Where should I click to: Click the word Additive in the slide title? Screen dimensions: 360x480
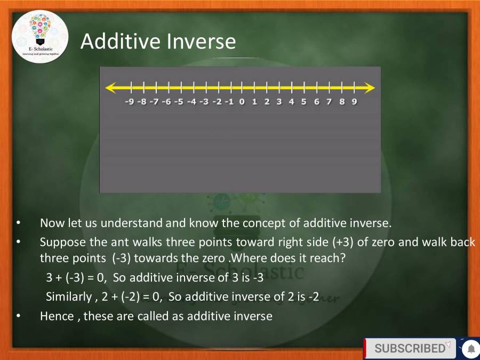116,41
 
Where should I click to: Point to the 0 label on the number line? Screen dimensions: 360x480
242,102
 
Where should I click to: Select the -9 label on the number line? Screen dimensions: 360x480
129,102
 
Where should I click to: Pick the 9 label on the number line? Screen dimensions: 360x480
354,102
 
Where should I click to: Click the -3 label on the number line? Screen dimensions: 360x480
204,102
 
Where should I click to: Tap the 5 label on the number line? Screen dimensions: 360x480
304,102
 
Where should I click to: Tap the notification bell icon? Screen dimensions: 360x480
470,349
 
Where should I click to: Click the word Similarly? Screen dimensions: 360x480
68,297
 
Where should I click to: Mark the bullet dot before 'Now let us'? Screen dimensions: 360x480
19,223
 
